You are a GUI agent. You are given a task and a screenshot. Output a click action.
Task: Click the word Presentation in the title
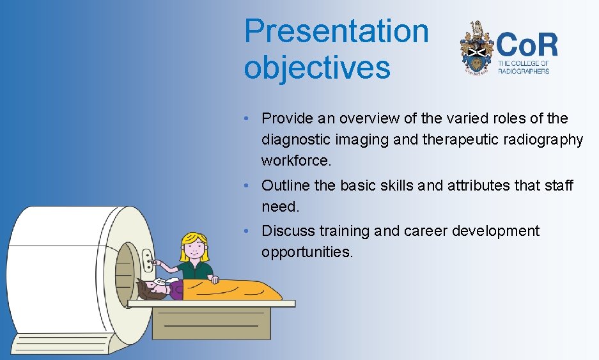336,31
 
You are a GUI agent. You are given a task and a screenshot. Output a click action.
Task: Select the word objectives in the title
316,68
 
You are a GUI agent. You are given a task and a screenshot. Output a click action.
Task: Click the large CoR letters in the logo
527,45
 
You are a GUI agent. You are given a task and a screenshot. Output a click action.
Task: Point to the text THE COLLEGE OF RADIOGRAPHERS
523,67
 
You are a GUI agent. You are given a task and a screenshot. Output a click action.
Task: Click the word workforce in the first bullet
296,161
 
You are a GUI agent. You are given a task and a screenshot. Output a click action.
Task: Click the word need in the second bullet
279,207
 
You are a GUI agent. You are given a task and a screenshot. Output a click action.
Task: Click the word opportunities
306,252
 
